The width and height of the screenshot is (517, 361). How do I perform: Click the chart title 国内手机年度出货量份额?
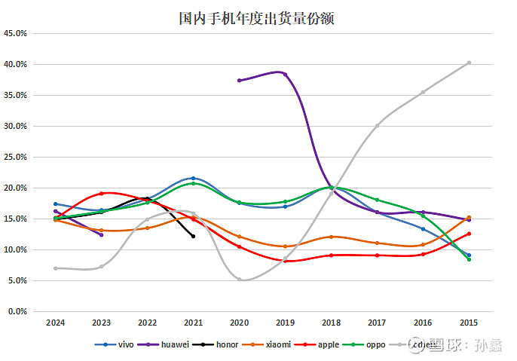click(x=256, y=18)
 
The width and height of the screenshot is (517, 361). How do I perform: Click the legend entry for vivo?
click(x=121, y=344)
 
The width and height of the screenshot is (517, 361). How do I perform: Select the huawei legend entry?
click(x=170, y=344)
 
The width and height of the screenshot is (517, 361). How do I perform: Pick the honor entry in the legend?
click(x=224, y=344)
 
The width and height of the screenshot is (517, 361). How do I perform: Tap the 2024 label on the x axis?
click(x=55, y=323)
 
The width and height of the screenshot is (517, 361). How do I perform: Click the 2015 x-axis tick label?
click(x=469, y=323)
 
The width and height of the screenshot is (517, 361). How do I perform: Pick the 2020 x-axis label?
click(x=239, y=323)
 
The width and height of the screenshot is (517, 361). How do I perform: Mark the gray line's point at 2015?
click(x=469, y=63)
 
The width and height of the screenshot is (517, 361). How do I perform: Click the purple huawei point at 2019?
click(x=285, y=74)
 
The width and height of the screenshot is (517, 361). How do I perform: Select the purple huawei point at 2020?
click(x=239, y=80)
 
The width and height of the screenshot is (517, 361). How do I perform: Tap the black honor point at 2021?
click(x=193, y=236)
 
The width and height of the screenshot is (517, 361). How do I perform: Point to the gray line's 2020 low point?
click(x=239, y=279)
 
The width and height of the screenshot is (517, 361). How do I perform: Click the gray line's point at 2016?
click(x=423, y=92)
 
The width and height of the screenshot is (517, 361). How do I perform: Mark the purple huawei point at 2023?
click(x=101, y=234)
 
